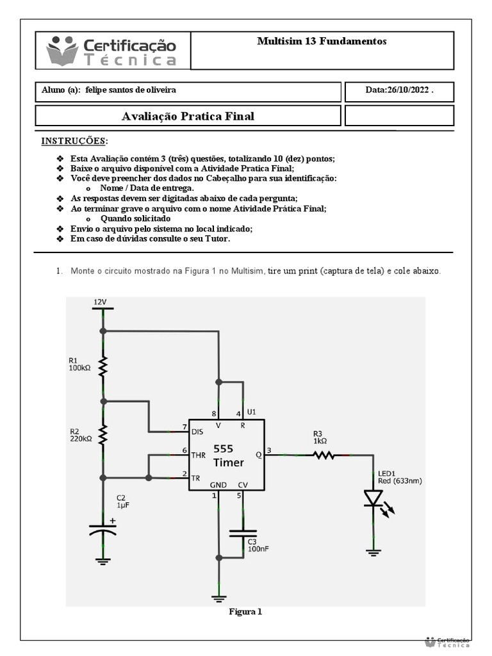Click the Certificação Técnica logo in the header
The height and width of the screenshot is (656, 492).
point(111,51)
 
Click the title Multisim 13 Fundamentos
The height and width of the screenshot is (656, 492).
point(322,41)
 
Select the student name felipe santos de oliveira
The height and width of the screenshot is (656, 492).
point(130,90)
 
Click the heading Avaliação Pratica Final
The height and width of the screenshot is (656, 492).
point(188,116)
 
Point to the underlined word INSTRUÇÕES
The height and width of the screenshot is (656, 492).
point(75,140)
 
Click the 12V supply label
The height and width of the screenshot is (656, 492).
point(101,302)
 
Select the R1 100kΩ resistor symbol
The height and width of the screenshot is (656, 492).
point(102,366)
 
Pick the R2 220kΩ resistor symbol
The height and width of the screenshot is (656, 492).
point(102,436)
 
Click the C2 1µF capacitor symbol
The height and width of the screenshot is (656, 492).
point(102,530)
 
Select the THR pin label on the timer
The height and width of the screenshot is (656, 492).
point(199,455)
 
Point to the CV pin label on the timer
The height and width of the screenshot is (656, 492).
point(243,485)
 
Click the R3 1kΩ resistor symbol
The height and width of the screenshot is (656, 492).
point(324,455)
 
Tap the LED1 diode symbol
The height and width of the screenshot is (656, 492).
point(373,498)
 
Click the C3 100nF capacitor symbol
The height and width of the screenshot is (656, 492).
point(243,533)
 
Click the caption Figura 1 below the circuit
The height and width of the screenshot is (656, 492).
point(245,612)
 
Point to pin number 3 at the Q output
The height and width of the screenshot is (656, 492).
point(270,450)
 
